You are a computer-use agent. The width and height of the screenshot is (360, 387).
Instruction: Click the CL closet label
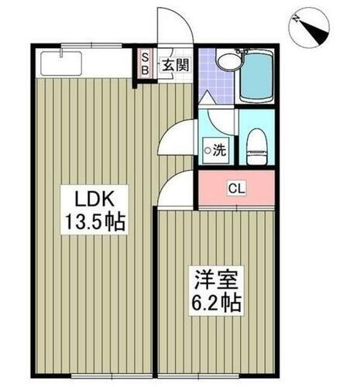[235, 188]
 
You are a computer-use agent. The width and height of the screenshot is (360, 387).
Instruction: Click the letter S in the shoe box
[145, 57]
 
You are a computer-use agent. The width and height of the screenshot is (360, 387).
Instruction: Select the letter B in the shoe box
[145, 70]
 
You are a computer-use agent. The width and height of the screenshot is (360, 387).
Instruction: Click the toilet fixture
[255, 146]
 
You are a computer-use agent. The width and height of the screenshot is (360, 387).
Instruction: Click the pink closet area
[235, 189]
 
